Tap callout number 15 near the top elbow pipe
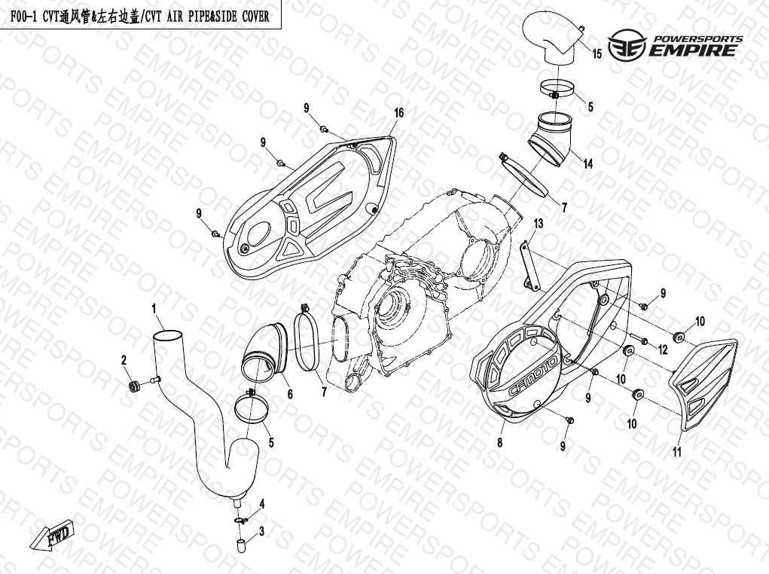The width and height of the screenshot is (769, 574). tap(597, 53)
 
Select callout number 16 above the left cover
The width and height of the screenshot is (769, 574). tap(398, 113)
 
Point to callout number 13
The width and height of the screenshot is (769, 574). tap(539, 224)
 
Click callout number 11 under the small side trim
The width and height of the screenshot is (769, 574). tap(677, 452)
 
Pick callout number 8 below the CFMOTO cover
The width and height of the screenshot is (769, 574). tap(500, 443)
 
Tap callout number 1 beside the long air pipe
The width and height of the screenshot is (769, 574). tap(154, 309)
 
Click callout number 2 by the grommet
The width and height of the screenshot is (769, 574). tap(124, 361)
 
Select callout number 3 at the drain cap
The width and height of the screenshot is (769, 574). tap(261, 531)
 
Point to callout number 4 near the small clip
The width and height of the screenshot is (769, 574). tap(262, 505)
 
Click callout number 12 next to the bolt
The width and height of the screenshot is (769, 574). tap(663, 350)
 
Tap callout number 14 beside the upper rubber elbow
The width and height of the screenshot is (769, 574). tap(587, 163)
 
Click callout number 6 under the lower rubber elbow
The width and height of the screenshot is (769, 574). tap(290, 394)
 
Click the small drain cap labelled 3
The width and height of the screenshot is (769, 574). tap(240, 545)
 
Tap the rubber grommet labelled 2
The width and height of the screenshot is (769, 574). tap(134, 386)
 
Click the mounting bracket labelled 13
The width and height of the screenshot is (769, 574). tap(529, 265)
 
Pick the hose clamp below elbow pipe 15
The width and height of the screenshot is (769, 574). tap(557, 89)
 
